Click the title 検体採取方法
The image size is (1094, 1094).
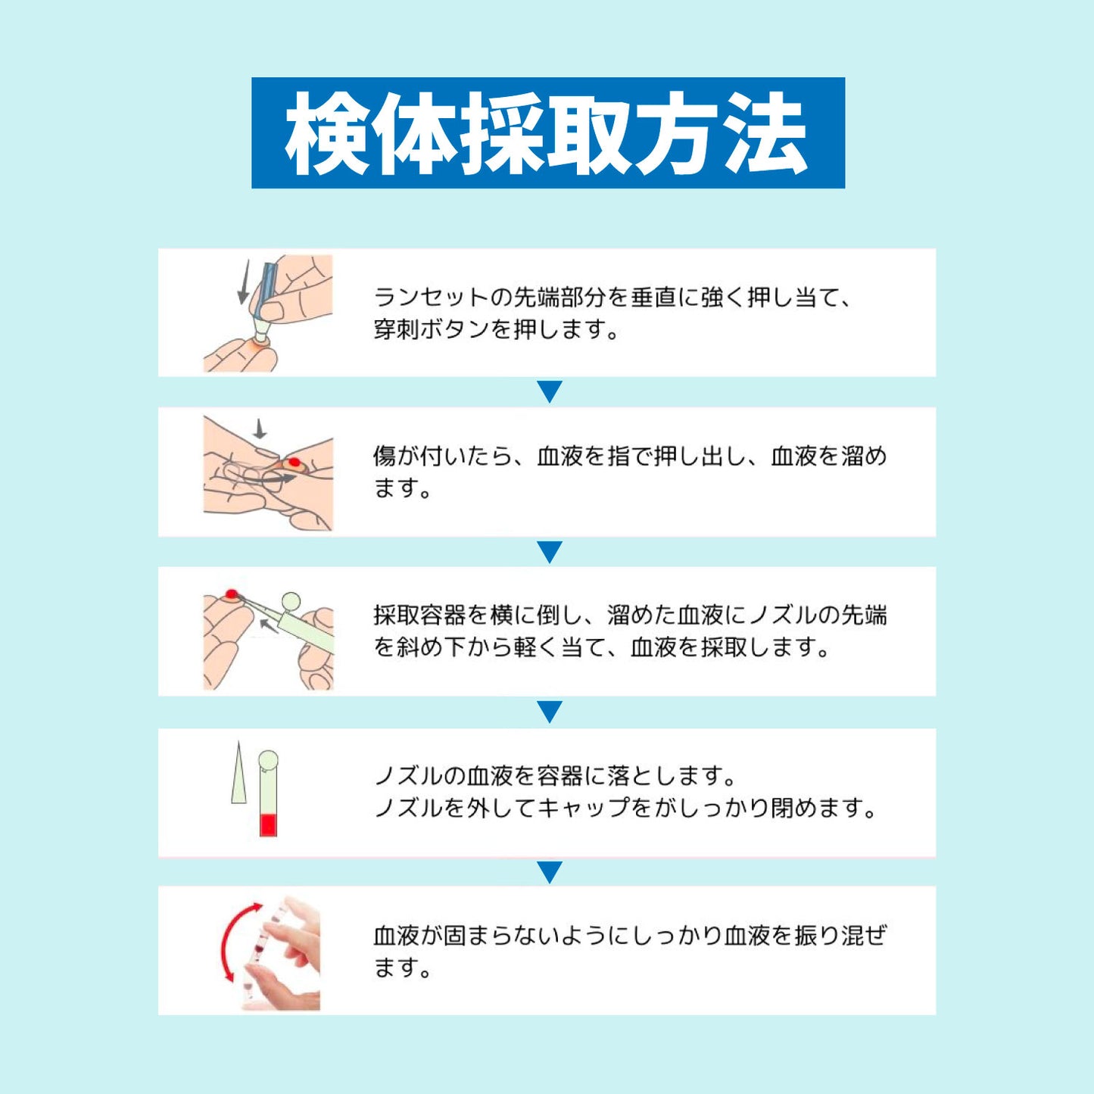click(547, 133)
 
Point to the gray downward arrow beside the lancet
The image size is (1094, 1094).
click(244, 282)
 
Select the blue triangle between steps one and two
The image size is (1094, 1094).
click(550, 391)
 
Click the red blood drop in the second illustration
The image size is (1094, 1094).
click(294, 462)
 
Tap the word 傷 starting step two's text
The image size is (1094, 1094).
click(385, 457)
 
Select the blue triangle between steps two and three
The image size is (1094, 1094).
click(550, 551)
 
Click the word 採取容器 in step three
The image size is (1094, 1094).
click(419, 615)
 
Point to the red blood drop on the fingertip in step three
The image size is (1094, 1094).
click(232, 594)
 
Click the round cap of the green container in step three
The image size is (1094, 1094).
click(290, 602)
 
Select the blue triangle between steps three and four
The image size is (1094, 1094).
click(550, 712)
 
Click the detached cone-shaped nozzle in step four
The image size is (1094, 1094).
click(238, 774)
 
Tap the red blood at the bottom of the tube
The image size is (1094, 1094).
click(268, 824)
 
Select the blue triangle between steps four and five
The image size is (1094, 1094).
click(550, 871)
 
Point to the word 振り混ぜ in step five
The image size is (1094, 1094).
click(840, 936)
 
